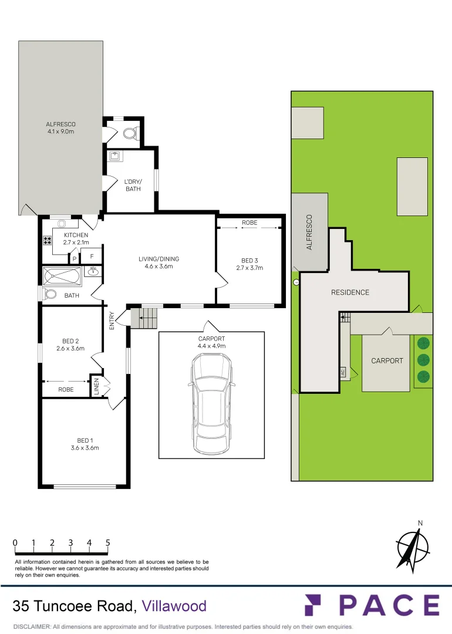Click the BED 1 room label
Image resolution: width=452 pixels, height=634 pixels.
84,440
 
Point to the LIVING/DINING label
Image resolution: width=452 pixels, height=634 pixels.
158,259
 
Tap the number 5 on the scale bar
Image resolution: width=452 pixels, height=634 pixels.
108,543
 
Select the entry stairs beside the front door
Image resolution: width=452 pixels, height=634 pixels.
144,318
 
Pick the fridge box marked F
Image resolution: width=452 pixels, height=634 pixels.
91,256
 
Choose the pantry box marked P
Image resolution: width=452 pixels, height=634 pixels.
75,258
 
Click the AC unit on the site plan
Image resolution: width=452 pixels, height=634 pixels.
343,372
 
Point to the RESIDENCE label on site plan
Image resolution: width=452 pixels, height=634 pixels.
350,292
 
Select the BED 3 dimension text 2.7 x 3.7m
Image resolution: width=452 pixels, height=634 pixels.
249,268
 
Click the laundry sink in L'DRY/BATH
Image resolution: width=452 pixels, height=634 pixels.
114,156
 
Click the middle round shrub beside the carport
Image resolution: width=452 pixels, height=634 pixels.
422,359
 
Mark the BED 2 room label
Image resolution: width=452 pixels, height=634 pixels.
70,341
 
